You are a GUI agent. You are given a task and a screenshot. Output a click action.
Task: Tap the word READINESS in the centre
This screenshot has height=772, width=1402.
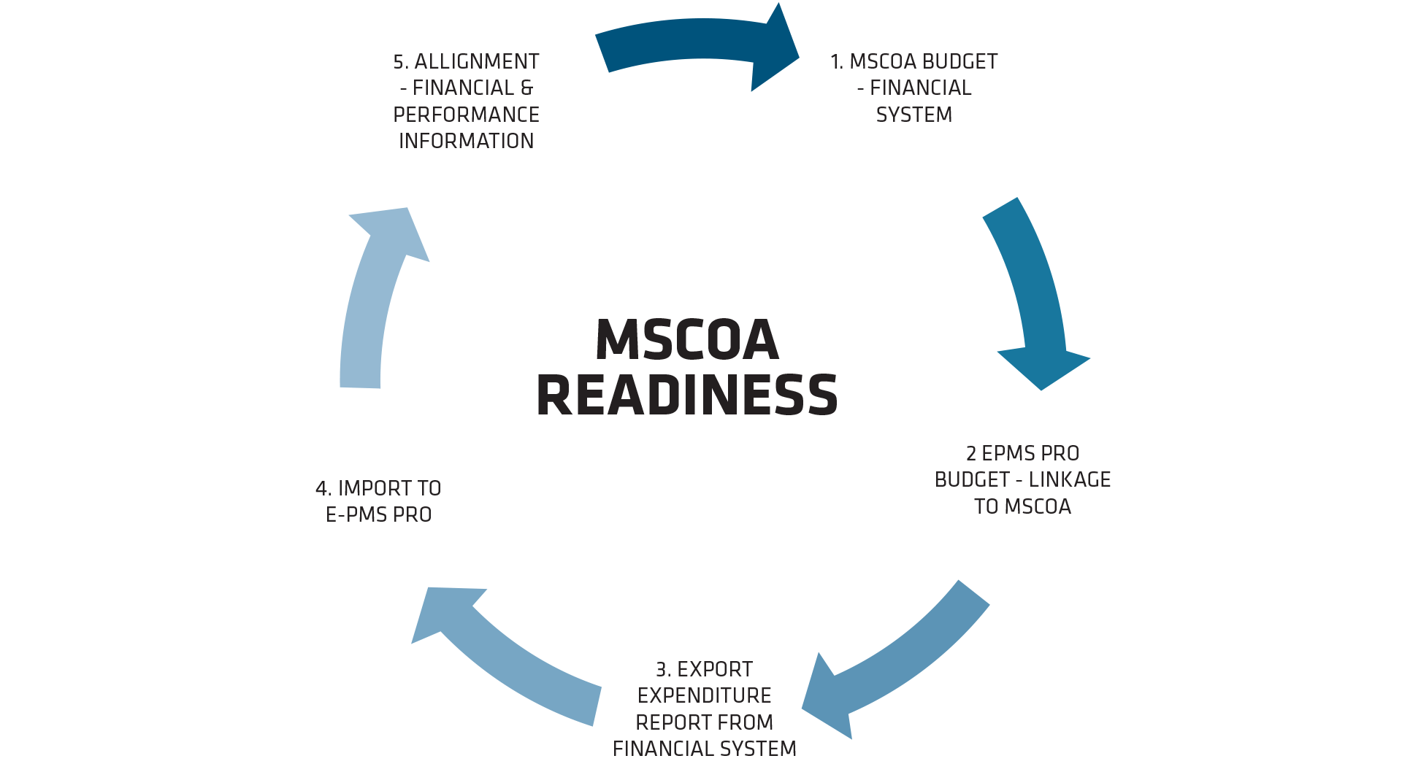pos(687,395)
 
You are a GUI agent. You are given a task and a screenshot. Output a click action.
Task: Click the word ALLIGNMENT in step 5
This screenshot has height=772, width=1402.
pos(477,61)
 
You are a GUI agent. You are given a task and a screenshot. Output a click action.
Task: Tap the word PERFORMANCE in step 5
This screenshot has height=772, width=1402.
pos(466,115)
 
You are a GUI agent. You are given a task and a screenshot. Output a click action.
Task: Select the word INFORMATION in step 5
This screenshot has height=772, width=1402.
pos(466,141)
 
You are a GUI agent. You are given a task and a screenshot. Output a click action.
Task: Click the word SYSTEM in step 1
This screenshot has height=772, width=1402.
pos(914,115)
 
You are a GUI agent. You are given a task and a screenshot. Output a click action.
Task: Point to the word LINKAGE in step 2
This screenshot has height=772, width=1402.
pos(1070,479)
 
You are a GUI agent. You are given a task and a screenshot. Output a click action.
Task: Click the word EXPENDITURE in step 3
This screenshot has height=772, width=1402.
pos(704,695)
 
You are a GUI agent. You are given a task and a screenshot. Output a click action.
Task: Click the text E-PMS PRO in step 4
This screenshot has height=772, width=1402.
pos(378,514)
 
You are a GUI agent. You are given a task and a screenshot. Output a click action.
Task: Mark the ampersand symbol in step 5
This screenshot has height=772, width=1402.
pos(527,88)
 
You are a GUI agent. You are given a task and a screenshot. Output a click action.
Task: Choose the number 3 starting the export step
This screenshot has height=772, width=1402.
pos(662,669)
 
